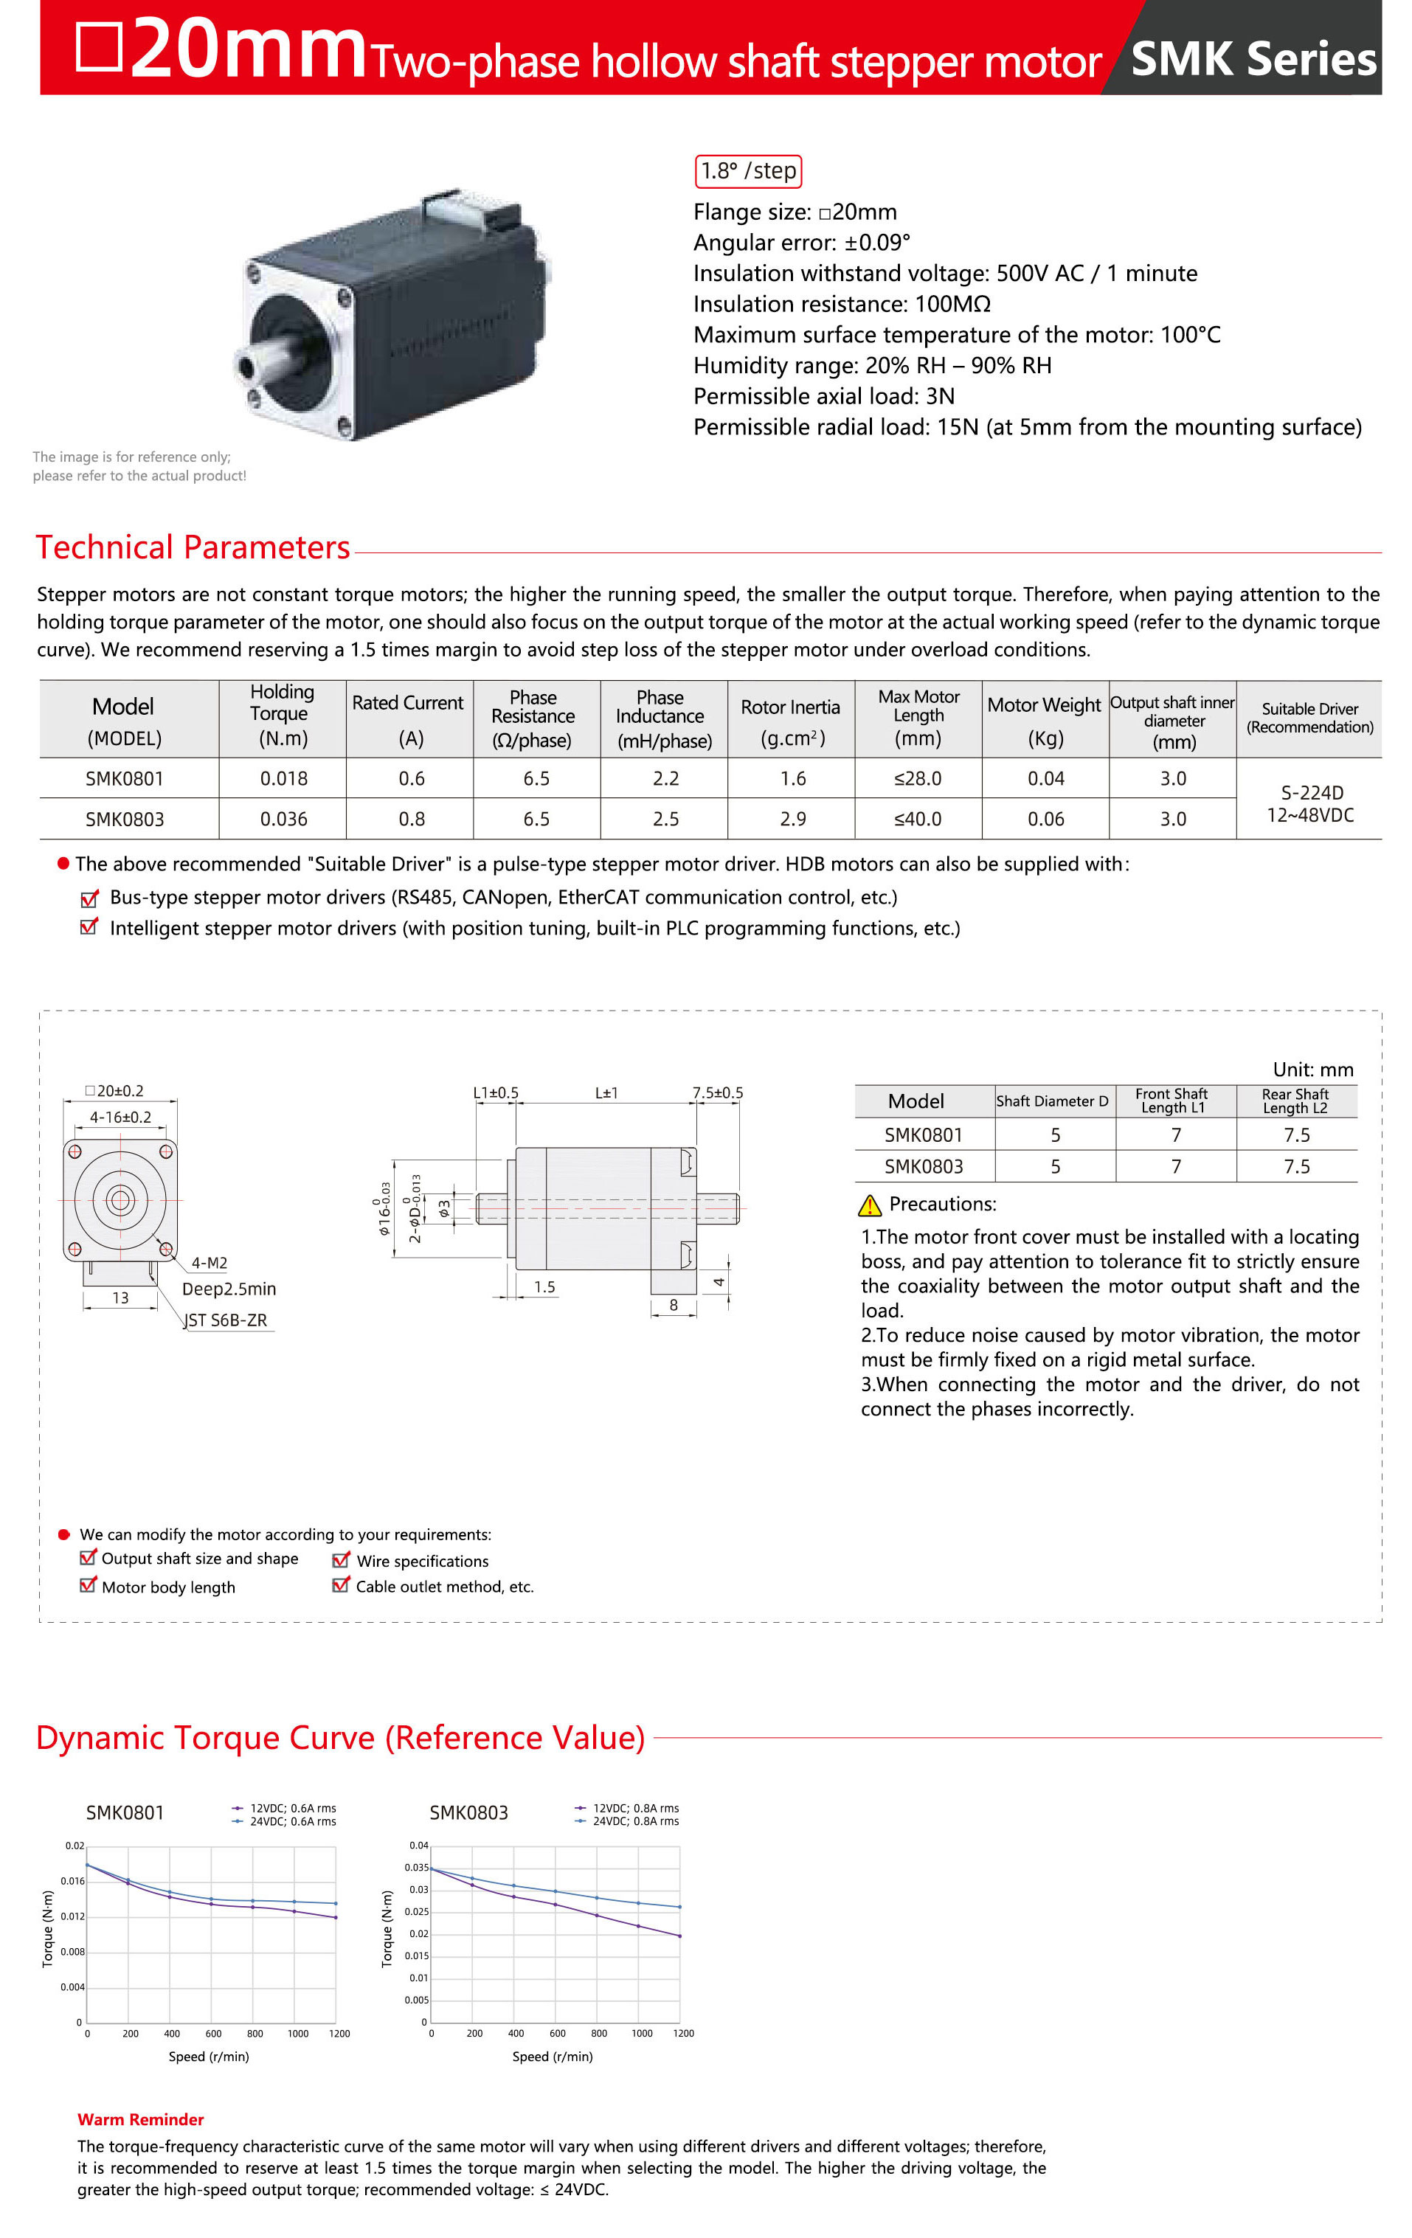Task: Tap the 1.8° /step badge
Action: pyautogui.click(x=747, y=171)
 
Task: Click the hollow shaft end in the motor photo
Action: pyautogui.click(x=247, y=366)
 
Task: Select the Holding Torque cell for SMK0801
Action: pyautogui.click(x=283, y=778)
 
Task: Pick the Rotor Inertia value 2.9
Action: pyautogui.click(x=792, y=819)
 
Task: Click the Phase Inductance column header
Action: pyautogui.click(x=664, y=718)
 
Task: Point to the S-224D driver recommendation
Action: pyautogui.click(x=1311, y=793)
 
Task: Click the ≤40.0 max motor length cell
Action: pyautogui.click(x=918, y=819)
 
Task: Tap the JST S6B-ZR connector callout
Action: pyautogui.click(x=226, y=1320)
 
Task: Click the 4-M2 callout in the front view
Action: pyautogui.click(x=210, y=1263)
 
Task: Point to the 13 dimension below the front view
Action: pyautogui.click(x=120, y=1298)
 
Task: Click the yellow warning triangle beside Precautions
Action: pyautogui.click(x=869, y=1205)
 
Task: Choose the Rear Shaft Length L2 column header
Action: pyautogui.click(x=1295, y=1101)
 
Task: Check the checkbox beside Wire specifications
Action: pyautogui.click(x=340, y=1560)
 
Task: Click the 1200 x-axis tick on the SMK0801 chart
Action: pyautogui.click(x=339, y=2034)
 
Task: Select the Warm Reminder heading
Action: pyautogui.click(x=140, y=2119)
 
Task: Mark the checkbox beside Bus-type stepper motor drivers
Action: pyautogui.click(x=89, y=898)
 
